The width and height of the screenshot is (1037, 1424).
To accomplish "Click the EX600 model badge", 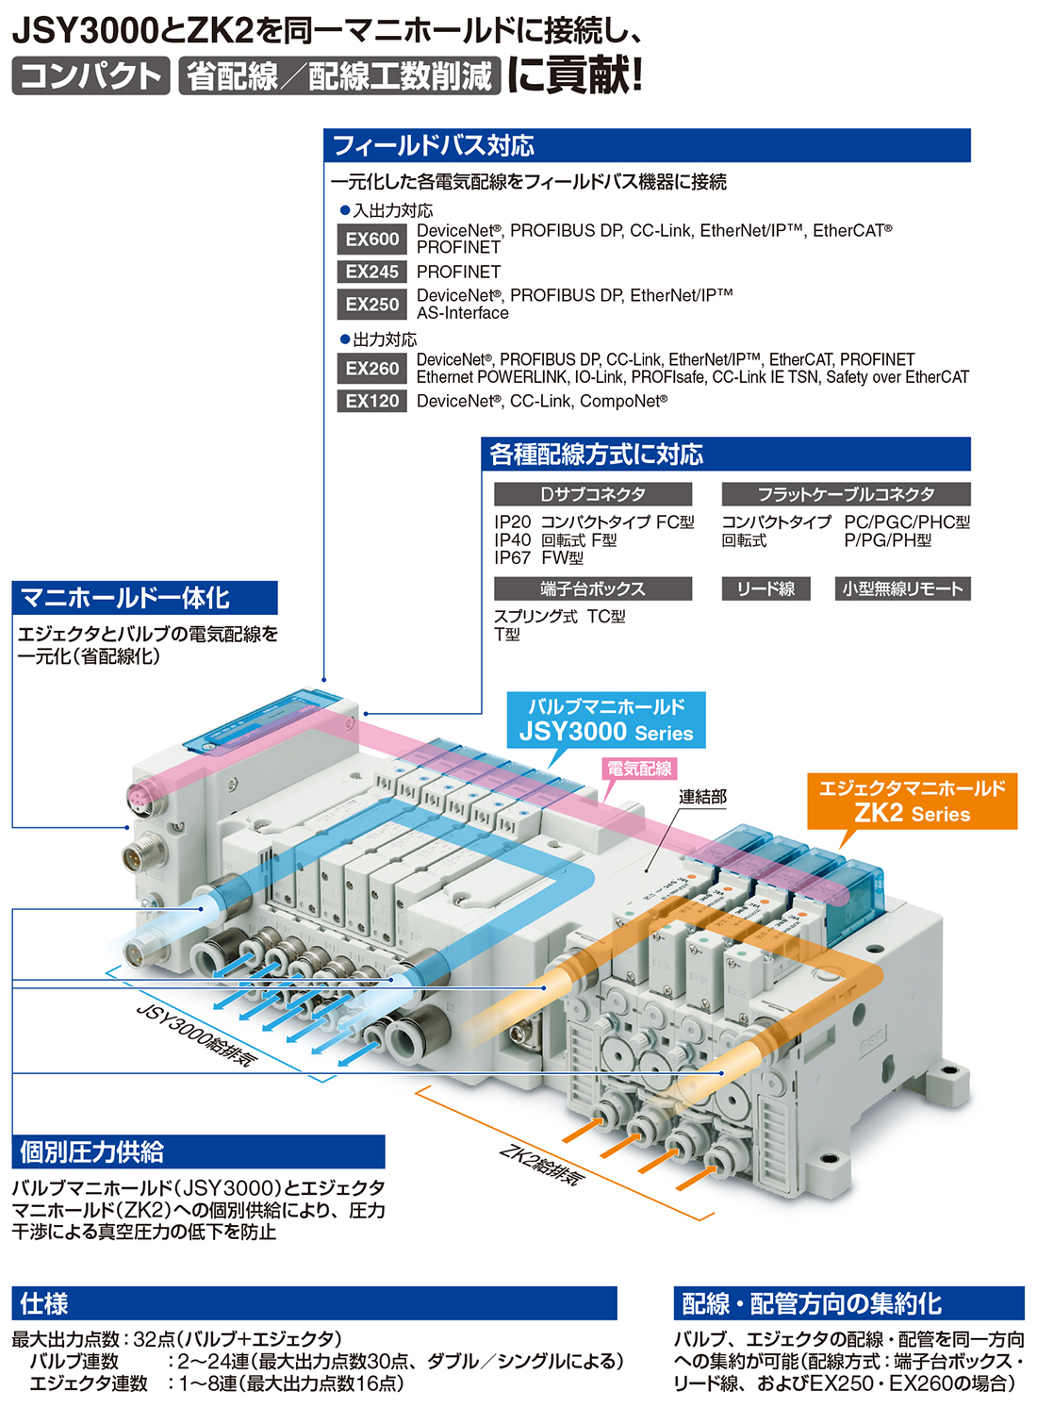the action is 371,239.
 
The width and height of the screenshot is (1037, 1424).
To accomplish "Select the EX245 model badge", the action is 371,272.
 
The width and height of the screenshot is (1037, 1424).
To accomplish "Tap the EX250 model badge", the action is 371,304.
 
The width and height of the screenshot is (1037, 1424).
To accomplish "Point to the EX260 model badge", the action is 371,368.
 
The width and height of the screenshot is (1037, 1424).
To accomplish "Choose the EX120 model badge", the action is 371,401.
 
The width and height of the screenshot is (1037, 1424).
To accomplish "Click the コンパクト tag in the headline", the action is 91,75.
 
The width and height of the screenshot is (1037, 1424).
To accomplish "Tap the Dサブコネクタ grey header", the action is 593,494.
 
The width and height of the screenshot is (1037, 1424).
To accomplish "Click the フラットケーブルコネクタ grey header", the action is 846,494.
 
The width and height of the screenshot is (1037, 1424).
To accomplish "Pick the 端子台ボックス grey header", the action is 593,588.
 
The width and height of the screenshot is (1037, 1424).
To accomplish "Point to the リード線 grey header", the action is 765,588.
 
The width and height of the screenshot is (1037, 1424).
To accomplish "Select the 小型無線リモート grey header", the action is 902,588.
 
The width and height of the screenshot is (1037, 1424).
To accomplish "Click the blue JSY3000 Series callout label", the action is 606,720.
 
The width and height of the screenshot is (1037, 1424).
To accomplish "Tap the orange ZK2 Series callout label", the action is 912,801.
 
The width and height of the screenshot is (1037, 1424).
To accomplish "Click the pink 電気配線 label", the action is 639,769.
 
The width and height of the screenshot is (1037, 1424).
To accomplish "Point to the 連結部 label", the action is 702,797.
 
